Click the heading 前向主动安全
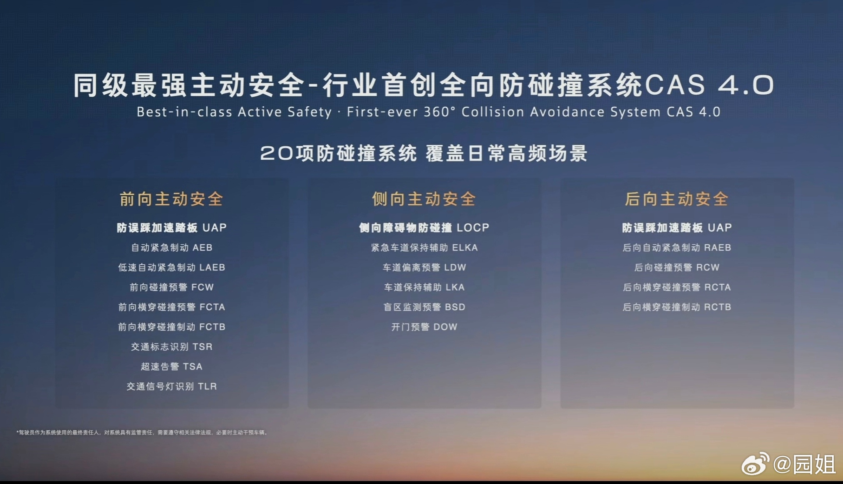[x=171, y=199]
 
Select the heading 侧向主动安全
[x=424, y=199]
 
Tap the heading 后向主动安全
[x=676, y=199]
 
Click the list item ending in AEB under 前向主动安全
[x=172, y=248]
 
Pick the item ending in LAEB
[x=172, y=267]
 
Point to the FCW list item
[x=172, y=287]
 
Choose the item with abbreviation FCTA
[x=172, y=307]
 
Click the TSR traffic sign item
[x=172, y=346]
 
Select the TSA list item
[x=172, y=366]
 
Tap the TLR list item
[x=172, y=386]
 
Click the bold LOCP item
[x=424, y=228]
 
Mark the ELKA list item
[x=424, y=248]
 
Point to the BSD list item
[x=424, y=307]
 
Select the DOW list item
[x=424, y=327]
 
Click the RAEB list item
[x=677, y=248]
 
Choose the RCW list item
[x=677, y=267]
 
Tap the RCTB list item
[x=677, y=307]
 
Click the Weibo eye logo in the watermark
[x=755, y=464]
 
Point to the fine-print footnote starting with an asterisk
[x=143, y=432]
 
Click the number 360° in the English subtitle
[x=439, y=112]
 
